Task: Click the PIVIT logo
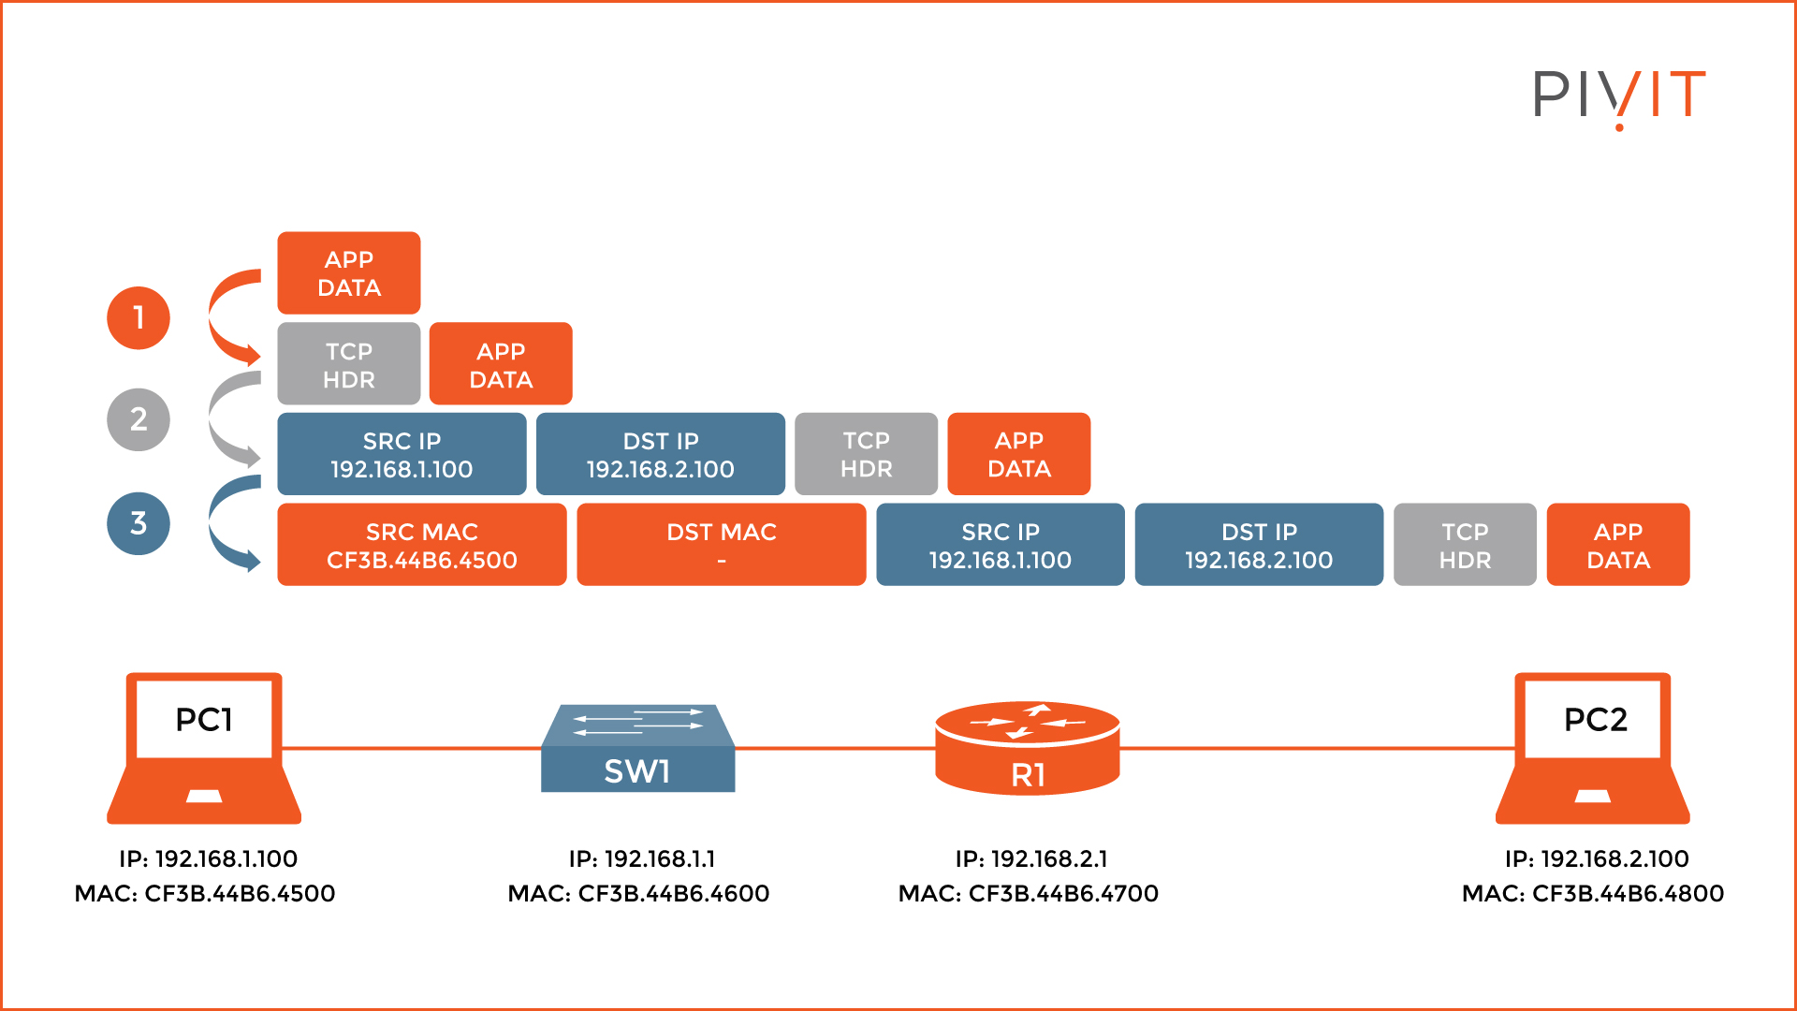pos(1618,96)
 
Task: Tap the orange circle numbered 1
pos(139,318)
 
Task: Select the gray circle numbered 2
pos(139,419)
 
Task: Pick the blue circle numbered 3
pos(139,523)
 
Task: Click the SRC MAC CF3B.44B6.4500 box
pos(422,545)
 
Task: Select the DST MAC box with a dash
pos(721,545)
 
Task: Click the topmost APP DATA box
pos(349,272)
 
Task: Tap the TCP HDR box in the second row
pos(349,364)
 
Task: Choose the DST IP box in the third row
pos(660,454)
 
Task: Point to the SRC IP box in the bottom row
pos(1000,545)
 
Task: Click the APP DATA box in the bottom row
pos(1617,545)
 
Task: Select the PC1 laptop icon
pos(204,749)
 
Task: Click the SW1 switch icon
pos(638,750)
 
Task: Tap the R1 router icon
pos(1028,749)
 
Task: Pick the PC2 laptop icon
pos(1593,749)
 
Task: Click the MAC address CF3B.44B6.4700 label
pos(1028,894)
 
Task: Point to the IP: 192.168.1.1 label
pos(642,858)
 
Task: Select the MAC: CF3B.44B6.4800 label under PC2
pos(1593,894)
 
